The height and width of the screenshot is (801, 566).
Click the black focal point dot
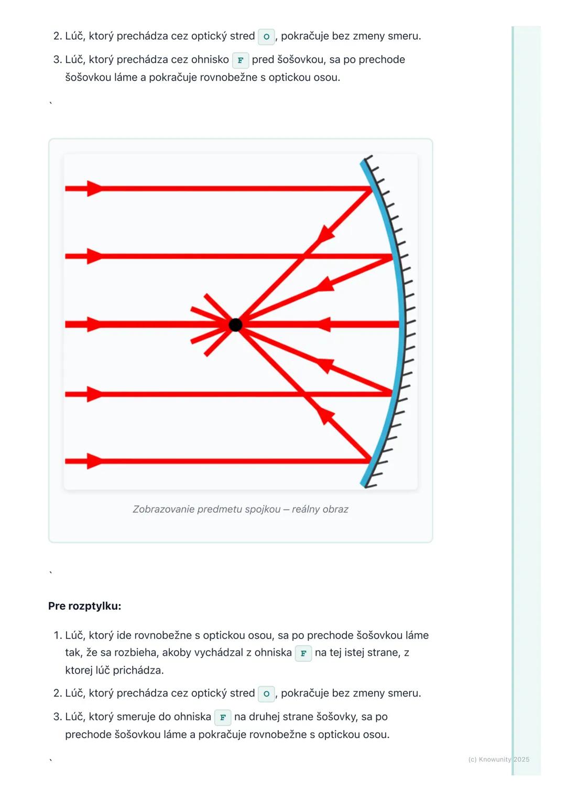click(x=235, y=324)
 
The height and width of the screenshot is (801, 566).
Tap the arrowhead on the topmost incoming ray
click(x=95, y=188)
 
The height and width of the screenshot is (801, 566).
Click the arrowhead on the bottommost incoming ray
click(x=95, y=461)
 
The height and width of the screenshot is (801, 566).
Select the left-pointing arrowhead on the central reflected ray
click(x=323, y=324)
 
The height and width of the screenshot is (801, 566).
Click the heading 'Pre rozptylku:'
click(x=85, y=606)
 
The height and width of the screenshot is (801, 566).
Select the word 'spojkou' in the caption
click(x=263, y=509)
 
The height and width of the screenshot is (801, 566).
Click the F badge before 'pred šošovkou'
click(x=240, y=60)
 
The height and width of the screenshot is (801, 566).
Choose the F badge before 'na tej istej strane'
click(x=303, y=653)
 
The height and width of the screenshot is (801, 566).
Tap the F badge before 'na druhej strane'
click(x=223, y=717)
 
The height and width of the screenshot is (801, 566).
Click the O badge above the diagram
click(x=266, y=37)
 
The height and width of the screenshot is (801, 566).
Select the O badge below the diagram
click(x=266, y=694)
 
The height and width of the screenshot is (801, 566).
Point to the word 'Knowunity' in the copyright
click(x=495, y=759)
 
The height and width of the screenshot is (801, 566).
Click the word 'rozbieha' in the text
click(x=136, y=653)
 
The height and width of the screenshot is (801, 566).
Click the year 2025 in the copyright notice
click(x=521, y=759)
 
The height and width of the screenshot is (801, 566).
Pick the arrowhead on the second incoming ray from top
click(x=95, y=256)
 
